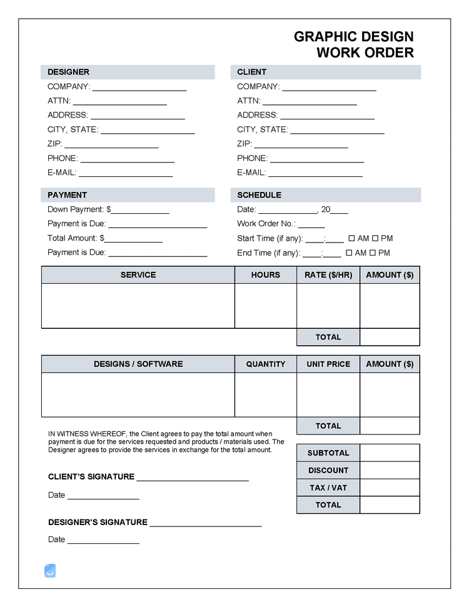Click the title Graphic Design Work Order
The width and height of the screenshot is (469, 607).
(x=354, y=44)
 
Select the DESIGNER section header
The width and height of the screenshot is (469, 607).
(x=68, y=72)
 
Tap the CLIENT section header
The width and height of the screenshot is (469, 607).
(x=251, y=72)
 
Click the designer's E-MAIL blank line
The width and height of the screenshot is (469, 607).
(x=125, y=173)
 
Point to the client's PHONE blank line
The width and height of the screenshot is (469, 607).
(x=316, y=159)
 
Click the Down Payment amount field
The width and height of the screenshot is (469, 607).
(x=140, y=210)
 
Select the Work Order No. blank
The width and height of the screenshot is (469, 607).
(x=311, y=224)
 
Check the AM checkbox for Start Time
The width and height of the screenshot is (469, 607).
(x=351, y=238)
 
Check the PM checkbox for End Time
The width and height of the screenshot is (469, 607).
(x=372, y=253)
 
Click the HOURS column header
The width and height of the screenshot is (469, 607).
(x=266, y=275)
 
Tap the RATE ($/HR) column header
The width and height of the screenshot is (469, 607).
(x=328, y=275)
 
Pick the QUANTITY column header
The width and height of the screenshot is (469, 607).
(x=266, y=364)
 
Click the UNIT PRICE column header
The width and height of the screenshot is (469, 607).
(x=328, y=364)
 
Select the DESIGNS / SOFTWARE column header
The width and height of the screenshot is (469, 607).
(x=138, y=364)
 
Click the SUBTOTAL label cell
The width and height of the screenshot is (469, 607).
(x=328, y=453)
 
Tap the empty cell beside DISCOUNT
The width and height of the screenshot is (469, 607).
(x=390, y=470)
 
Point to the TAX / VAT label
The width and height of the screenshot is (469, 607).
(x=328, y=488)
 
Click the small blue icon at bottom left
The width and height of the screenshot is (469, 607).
(x=50, y=570)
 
